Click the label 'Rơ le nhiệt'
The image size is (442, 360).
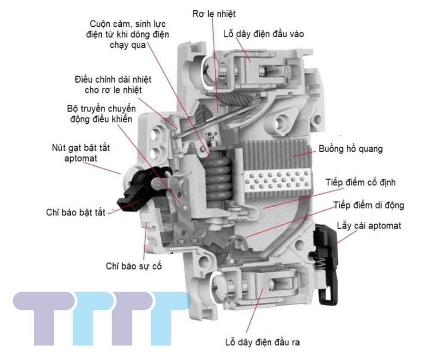pos(214,13)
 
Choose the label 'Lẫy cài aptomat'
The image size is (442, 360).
pos(369,225)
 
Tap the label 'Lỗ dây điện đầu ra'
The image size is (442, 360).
pos(262,342)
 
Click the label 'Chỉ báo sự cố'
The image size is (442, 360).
pos(134,266)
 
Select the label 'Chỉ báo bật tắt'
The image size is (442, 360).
pos(76,212)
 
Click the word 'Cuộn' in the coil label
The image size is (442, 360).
pos(103,23)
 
